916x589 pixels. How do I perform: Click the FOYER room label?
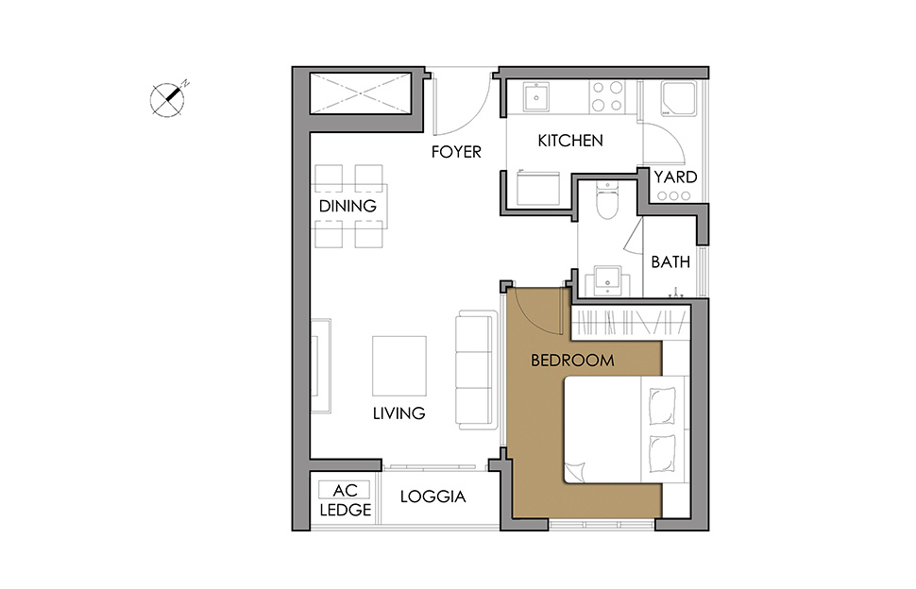pyautogui.click(x=456, y=152)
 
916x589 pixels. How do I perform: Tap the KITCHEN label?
pyautogui.click(x=570, y=141)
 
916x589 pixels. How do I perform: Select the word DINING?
pyautogui.click(x=348, y=206)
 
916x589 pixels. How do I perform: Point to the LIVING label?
pyautogui.click(x=399, y=413)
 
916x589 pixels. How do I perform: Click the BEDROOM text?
pyautogui.click(x=572, y=361)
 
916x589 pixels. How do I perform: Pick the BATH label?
pyautogui.click(x=670, y=262)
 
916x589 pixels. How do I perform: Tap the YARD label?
pyautogui.click(x=675, y=177)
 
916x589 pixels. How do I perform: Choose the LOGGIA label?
pyautogui.click(x=433, y=496)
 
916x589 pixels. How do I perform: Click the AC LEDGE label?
pyautogui.click(x=346, y=499)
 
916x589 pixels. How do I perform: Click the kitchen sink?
pyautogui.click(x=536, y=96)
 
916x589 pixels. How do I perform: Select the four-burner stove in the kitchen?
pyautogui.click(x=607, y=96)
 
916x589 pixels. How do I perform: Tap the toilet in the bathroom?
pyautogui.click(x=607, y=200)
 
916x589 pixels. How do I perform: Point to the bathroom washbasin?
pyautogui.click(x=607, y=280)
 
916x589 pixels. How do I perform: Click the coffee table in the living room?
pyautogui.click(x=399, y=366)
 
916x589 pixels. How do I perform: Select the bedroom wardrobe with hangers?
pyautogui.click(x=630, y=323)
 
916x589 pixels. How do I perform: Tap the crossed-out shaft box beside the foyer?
pyautogui.click(x=361, y=93)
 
